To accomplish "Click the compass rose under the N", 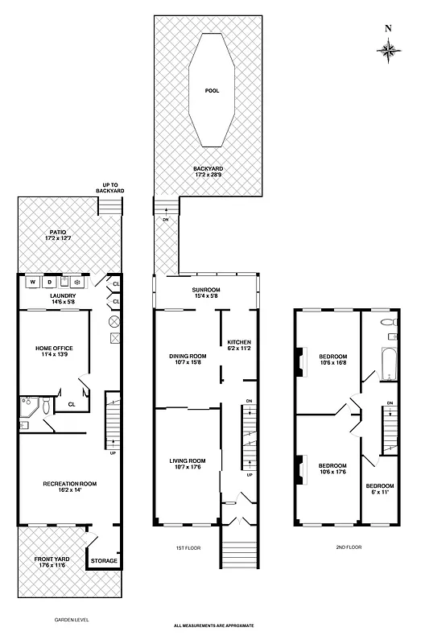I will click(x=389, y=50).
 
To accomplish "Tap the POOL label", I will click(x=213, y=91).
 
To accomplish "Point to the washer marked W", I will click(x=34, y=283).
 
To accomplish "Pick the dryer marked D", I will click(x=48, y=283).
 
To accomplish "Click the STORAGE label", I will click(x=103, y=560).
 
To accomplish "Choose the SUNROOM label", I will click(x=205, y=292).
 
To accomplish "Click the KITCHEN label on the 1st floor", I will click(x=239, y=345).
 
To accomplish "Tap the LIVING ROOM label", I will click(x=188, y=464).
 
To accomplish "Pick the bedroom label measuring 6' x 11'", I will click(x=380, y=489).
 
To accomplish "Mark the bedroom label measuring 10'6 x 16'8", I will click(x=332, y=359).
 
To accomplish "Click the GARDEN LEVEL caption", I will click(x=71, y=621).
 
